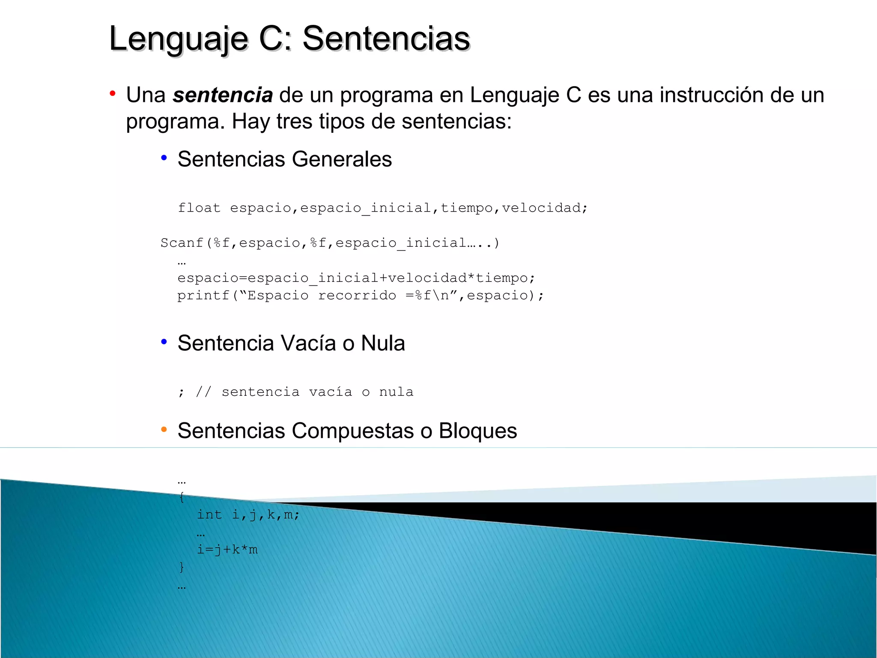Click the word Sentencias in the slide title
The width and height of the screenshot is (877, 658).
point(386,39)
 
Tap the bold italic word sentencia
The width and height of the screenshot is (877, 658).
point(223,95)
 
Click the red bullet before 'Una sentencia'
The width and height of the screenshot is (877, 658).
point(113,93)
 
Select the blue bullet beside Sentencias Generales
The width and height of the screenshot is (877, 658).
point(164,158)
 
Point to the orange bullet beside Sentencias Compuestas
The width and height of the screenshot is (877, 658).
point(164,430)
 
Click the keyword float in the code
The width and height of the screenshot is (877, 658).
point(199,208)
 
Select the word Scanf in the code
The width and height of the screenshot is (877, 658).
point(182,243)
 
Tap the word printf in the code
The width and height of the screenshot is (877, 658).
point(203,296)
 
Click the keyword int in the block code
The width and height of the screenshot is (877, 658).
point(209,514)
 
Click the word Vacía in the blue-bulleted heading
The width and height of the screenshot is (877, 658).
point(308,343)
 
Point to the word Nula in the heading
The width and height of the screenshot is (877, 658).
point(383,343)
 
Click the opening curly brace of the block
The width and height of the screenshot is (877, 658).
point(182,497)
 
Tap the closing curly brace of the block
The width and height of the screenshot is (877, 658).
point(182,567)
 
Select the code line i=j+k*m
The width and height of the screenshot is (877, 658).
point(227,550)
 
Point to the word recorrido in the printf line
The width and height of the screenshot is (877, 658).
point(357,296)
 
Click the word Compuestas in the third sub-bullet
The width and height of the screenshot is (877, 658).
point(353,431)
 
